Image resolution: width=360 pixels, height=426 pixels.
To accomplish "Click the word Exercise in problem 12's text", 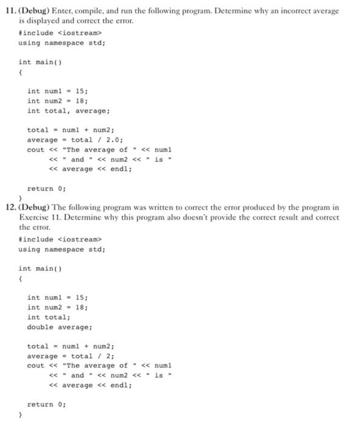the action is (36, 217).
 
